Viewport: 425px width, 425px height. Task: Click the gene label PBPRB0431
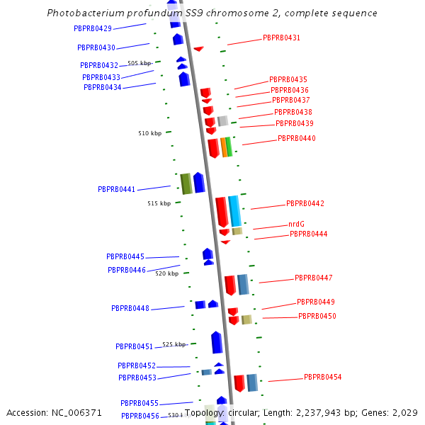(281, 38)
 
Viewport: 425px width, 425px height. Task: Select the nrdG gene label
(296, 224)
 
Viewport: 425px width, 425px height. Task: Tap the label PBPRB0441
(117, 189)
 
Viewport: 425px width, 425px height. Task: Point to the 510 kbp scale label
(149, 133)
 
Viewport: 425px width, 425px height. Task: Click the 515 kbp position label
(159, 203)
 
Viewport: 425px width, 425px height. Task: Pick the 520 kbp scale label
(166, 273)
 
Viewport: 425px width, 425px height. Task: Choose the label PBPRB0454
(322, 377)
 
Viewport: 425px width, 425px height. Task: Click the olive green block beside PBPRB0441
(186, 183)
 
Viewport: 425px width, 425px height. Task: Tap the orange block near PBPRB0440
(224, 147)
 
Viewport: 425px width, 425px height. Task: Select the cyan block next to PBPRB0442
(234, 211)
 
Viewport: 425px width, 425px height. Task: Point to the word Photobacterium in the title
(81, 13)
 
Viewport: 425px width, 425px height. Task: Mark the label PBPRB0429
(92, 28)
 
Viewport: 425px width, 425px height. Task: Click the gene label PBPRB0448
(130, 308)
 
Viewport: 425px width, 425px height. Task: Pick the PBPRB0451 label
(134, 346)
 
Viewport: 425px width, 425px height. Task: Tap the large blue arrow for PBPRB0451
(217, 342)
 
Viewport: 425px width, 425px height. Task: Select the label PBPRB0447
(313, 278)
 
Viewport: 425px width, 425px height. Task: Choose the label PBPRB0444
(308, 234)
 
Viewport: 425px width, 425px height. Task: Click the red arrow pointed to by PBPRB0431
(199, 49)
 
